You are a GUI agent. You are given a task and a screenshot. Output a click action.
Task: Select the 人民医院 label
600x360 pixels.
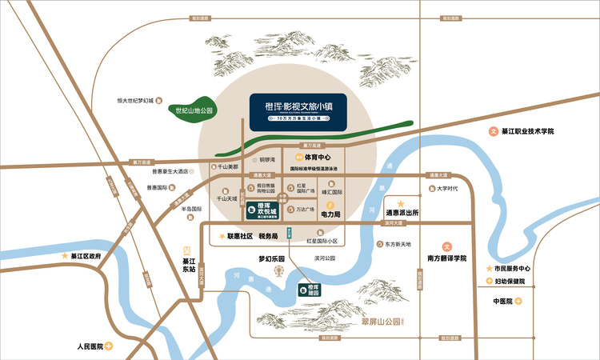[90, 347]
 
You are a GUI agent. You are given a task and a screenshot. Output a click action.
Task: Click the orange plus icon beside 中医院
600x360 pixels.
[518, 301]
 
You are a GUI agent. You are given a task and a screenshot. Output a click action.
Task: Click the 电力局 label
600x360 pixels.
[331, 214]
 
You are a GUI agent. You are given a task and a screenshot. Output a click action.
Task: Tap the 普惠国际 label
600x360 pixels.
[157, 189]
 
